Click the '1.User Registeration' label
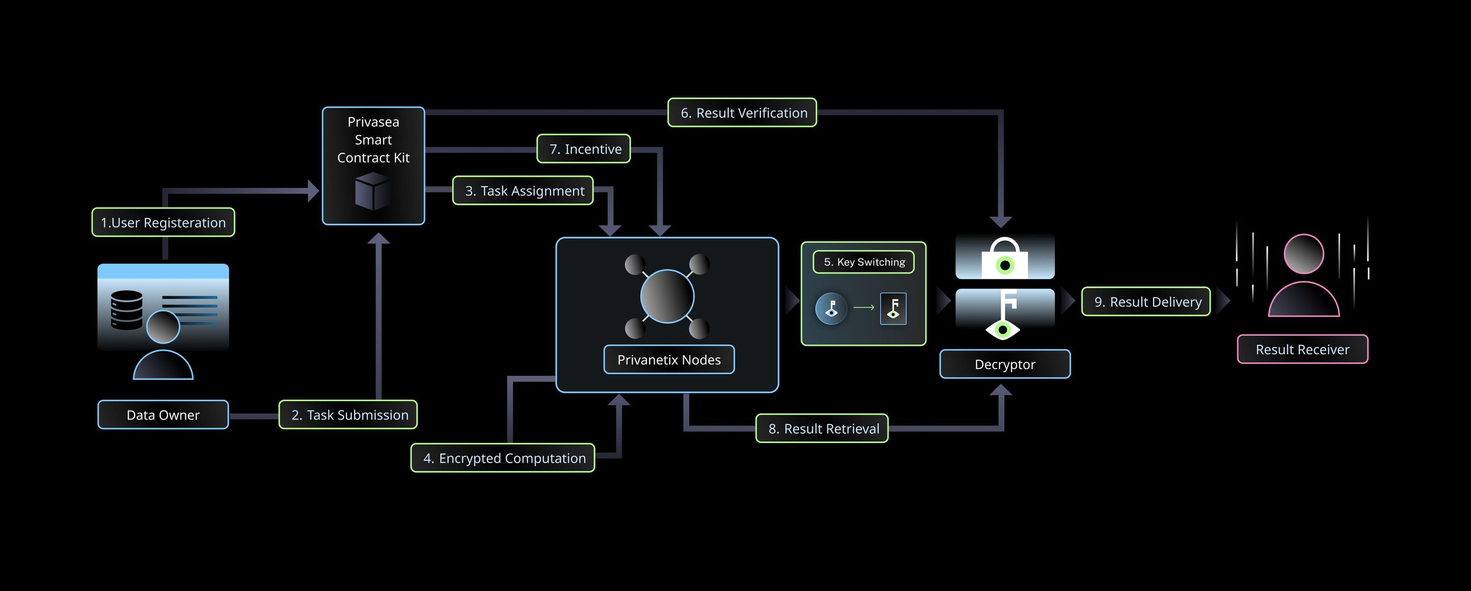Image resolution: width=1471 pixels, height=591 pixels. pyautogui.click(x=163, y=222)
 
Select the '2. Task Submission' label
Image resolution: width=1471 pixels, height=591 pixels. pyautogui.click(x=348, y=415)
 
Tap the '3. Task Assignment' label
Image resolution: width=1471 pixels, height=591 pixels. pyautogui.click(x=523, y=191)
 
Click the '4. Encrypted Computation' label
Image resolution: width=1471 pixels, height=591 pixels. pyautogui.click(x=502, y=458)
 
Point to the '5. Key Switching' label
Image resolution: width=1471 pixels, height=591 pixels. pyautogui.click(x=863, y=262)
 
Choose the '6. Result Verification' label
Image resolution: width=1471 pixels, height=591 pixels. pyautogui.click(x=742, y=113)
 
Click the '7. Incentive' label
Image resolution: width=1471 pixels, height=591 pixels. pyautogui.click(x=584, y=149)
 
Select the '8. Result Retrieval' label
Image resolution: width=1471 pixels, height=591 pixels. pyautogui.click(x=822, y=428)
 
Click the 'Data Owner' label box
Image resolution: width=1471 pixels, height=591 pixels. pyautogui.click(x=163, y=415)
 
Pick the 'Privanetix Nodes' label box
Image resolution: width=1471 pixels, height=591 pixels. pyautogui.click(x=669, y=360)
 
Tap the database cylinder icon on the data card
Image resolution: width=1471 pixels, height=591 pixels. pyautogui.click(x=127, y=310)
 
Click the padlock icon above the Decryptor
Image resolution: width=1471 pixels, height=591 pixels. pyautogui.click(x=1004, y=258)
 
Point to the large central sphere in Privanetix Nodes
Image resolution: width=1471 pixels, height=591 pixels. pyautogui.click(x=667, y=296)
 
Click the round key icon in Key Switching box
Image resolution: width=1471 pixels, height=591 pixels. pyautogui.click(x=831, y=308)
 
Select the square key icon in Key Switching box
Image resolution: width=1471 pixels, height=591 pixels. pyautogui.click(x=893, y=308)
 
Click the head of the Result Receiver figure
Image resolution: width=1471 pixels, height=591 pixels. pyautogui.click(x=1303, y=254)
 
